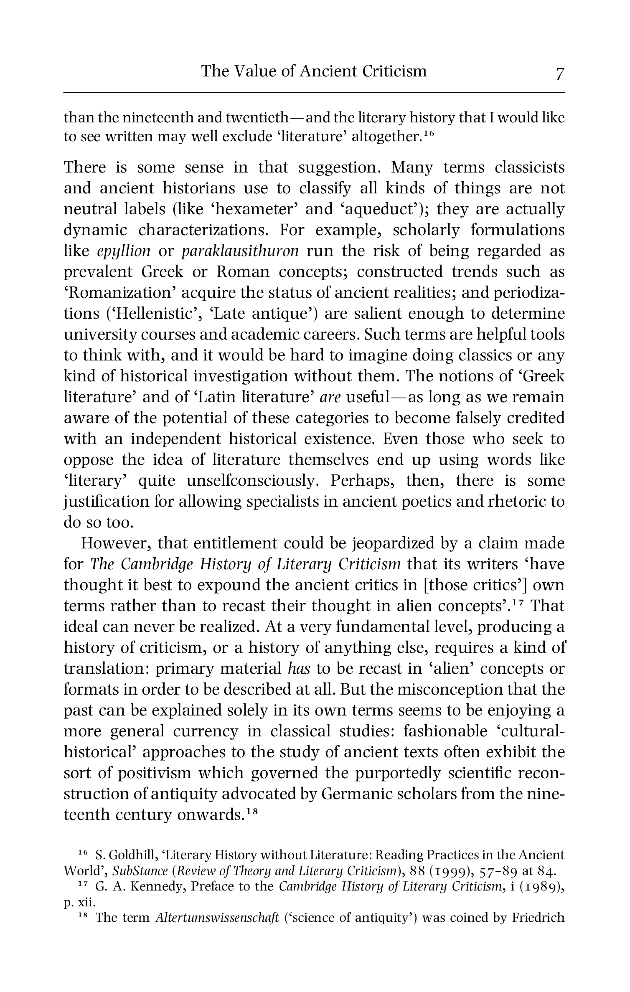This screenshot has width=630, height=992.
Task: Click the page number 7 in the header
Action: coord(559,74)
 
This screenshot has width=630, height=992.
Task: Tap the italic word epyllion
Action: coord(124,251)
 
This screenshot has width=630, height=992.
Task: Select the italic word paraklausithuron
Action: coord(240,251)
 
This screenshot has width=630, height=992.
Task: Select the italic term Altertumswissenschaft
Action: coord(216,918)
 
